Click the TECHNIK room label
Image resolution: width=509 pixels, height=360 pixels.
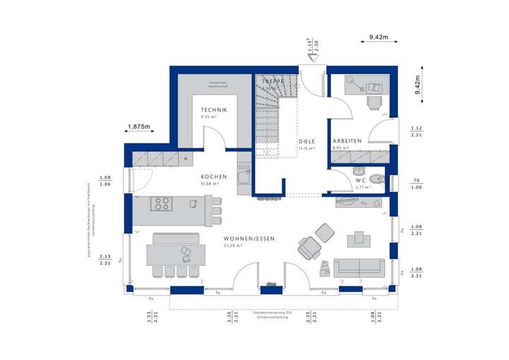tap(213, 110)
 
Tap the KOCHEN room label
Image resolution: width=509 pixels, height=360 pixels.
tap(213, 176)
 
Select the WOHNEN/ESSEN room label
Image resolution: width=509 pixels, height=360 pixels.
tap(246, 239)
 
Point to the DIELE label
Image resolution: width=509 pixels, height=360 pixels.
tap(306, 141)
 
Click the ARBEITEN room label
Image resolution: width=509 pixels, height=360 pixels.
tap(347, 141)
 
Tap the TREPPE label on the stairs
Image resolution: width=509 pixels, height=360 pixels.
tap(273, 81)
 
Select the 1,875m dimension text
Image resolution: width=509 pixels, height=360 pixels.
tap(139, 127)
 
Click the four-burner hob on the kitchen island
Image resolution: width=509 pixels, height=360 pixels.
tap(162, 204)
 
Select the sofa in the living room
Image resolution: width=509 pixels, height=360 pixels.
tap(359, 267)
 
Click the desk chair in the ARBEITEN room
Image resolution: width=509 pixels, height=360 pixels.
tap(374, 102)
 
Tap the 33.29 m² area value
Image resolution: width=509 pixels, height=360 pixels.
tap(233, 246)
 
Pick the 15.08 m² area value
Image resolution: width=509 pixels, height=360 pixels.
tap(209, 184)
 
